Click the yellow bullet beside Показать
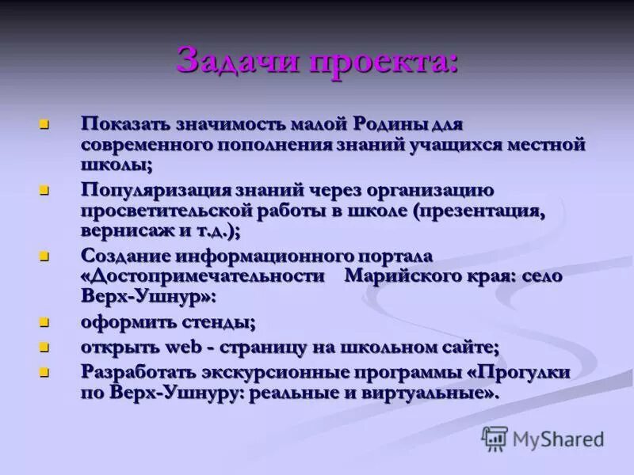click(45, 124)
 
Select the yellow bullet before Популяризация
click(45, 191)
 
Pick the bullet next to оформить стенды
click(45, 322)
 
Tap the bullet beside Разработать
click(45, 370)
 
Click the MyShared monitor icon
click(495, 438)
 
